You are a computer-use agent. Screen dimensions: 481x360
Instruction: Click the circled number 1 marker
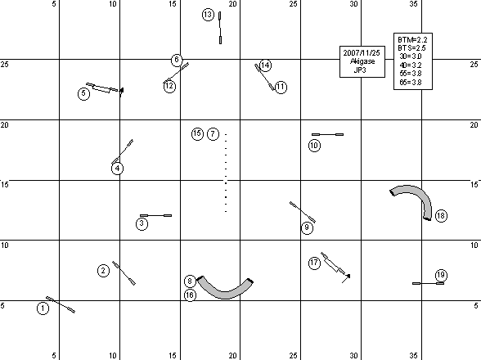43,308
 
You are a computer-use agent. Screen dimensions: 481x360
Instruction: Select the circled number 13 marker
208,15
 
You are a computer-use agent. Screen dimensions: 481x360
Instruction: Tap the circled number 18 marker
441,216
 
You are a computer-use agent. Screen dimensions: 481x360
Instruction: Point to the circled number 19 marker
441,275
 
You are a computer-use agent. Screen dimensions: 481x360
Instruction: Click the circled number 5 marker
83,93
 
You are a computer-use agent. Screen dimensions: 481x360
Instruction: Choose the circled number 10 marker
314,146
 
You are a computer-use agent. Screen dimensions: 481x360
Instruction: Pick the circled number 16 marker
190,295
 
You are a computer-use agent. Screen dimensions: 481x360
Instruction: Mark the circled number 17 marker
314,263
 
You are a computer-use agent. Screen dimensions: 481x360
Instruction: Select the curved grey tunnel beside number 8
225,295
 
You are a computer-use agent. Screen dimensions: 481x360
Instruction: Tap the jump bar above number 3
155,215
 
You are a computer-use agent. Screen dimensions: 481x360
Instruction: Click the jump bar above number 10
327,134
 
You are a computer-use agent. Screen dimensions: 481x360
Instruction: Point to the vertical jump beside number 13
220,28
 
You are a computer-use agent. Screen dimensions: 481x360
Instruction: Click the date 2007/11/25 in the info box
362,53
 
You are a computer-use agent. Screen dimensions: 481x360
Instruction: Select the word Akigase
362,61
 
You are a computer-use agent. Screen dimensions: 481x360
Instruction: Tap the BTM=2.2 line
412,39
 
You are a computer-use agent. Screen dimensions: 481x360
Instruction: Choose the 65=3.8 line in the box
411,82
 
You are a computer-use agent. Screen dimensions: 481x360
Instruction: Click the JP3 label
360,70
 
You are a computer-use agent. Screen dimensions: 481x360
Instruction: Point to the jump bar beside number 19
428,283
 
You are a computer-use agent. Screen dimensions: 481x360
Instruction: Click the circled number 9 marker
307,227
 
